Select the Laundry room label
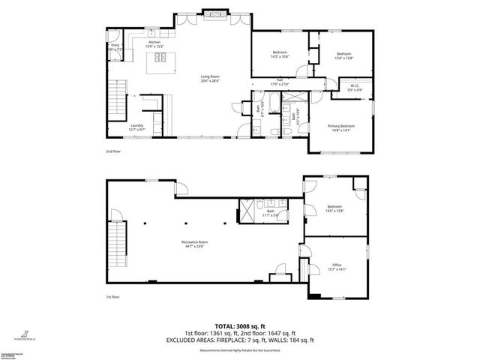(x=136, y=127)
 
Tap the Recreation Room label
(x=193, y=243)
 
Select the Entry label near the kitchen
(x=115, y=47)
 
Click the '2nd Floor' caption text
(x=113, y=151)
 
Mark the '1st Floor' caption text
(x=113, y=297)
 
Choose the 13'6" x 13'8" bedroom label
(x=343, y=55)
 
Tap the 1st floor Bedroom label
(x=334, y=208)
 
